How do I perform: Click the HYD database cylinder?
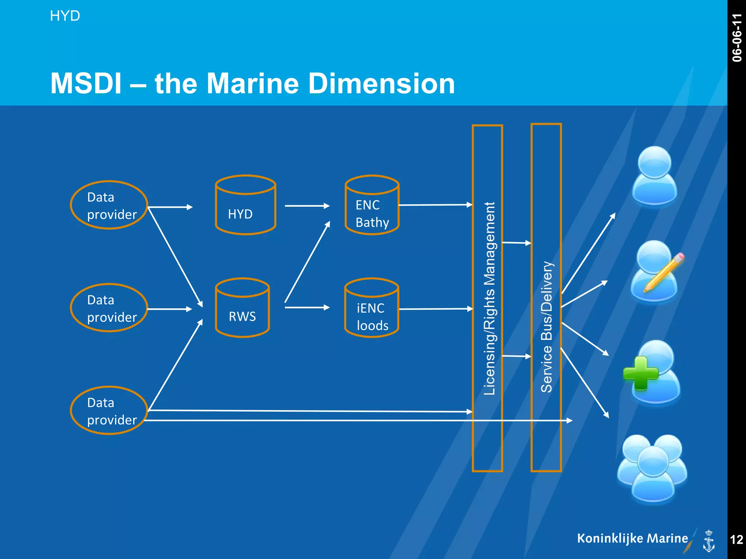point(246,206)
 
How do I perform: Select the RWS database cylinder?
point(243,308)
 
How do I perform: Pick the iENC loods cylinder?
point(372,309)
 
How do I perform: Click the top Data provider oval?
point(109,205)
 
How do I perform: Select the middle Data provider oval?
point(109,308)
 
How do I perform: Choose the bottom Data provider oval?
point(109,411)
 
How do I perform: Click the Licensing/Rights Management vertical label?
point(489,298)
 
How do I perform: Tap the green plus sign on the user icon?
point(640,373)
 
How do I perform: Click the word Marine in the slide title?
point(253,84)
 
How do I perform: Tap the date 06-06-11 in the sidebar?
point(737,38)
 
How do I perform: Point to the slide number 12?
point(737,539)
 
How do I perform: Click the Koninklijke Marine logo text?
point(632,538)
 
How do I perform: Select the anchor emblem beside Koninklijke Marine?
point(708,541)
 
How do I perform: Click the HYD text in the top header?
point(65,16)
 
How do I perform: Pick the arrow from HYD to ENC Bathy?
point(307,206)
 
